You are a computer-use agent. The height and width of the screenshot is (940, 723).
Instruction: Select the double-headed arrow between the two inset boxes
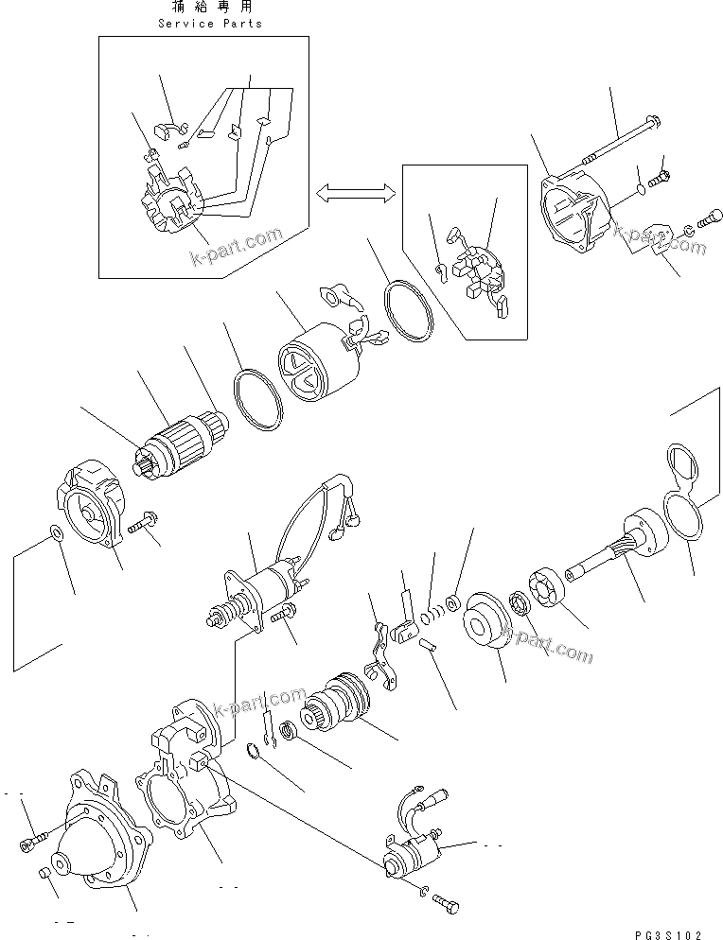pos(355,194)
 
